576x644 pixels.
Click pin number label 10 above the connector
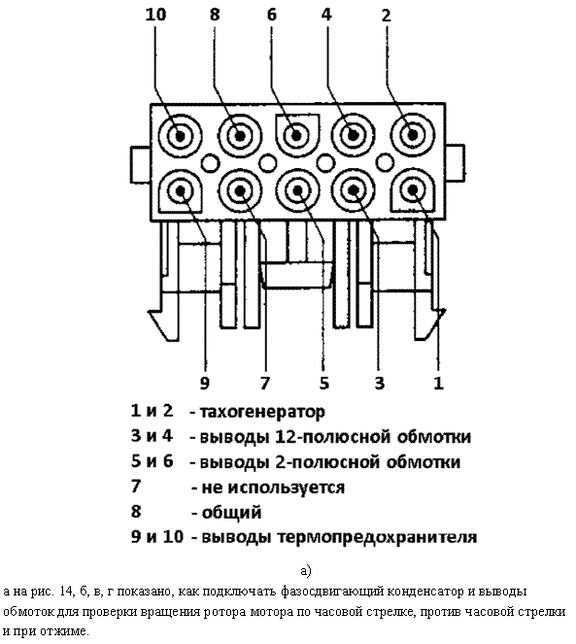point(155,15)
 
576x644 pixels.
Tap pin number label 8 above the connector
point(215,15)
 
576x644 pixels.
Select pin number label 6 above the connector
point(272,15)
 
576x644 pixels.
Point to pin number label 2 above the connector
point(386,16)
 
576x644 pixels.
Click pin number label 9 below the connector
point(205,384)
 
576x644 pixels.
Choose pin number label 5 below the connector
point(324,384)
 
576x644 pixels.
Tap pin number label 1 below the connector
point(439,384)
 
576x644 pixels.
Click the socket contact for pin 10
point(180,136)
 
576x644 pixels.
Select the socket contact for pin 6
point(296,136)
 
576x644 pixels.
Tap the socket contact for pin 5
point(297,191)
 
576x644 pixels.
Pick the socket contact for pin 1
point(412,190)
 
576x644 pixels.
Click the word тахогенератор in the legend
point(262,412)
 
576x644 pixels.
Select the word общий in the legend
point(232,513)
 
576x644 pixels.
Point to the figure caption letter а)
point(306,570)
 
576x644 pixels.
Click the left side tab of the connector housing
point(141,164)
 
